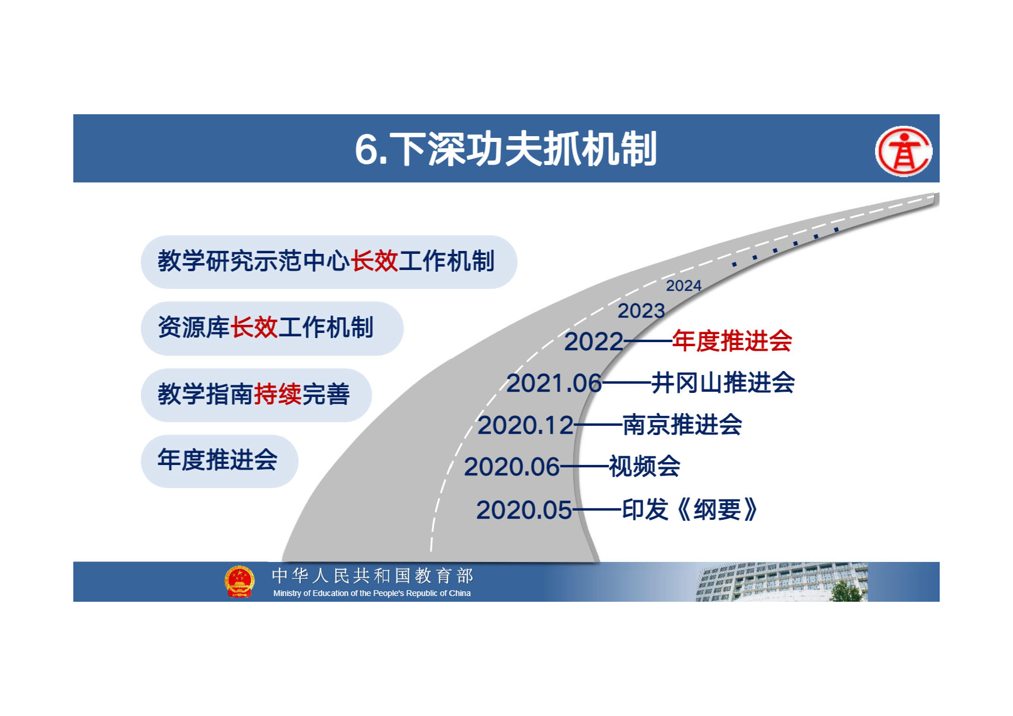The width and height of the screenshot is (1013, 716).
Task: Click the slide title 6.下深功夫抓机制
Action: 506,149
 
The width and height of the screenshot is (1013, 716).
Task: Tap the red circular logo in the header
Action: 903,151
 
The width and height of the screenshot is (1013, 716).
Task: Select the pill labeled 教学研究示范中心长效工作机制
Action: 328,262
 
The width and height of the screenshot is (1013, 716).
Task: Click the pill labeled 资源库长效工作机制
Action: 272,328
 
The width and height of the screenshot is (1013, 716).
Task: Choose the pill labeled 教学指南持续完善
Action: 256,395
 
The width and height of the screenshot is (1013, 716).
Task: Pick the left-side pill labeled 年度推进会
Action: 219,461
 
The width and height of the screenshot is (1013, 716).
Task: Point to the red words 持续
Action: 278,395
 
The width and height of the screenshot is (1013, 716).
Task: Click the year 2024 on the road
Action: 683,286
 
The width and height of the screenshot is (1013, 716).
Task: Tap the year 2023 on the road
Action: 641,311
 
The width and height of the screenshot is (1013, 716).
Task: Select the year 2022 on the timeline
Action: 593,342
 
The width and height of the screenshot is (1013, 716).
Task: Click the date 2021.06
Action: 554,383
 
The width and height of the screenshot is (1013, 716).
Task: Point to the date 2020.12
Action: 526,426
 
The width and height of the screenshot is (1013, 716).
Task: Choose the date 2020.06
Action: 512,467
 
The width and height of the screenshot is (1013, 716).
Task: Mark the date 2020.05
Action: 524,510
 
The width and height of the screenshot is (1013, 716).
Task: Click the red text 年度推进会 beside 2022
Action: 732,341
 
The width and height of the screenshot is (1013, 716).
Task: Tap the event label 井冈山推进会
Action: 723,383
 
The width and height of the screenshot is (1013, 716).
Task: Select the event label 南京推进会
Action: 682,425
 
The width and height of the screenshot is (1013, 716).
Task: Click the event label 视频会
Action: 645,466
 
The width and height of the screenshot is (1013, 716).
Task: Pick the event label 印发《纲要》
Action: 690,509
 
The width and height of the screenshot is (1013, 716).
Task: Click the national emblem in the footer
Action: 240,581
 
